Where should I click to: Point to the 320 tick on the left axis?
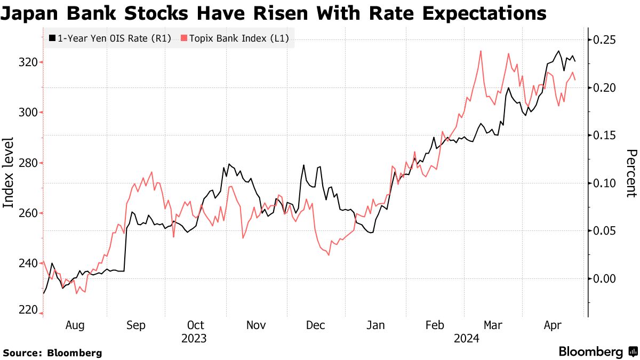27,62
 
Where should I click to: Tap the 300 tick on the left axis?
27,113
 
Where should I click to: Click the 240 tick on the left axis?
27,263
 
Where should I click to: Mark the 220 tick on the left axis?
27,310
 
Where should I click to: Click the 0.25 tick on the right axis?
605,40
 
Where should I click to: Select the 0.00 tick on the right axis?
605,278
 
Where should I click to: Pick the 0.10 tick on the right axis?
605,183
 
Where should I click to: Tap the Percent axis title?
630,173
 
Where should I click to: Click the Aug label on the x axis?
74,325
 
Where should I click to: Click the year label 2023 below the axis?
194,338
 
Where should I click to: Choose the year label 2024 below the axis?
466,338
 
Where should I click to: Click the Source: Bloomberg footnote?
52,353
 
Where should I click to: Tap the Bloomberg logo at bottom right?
597,351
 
